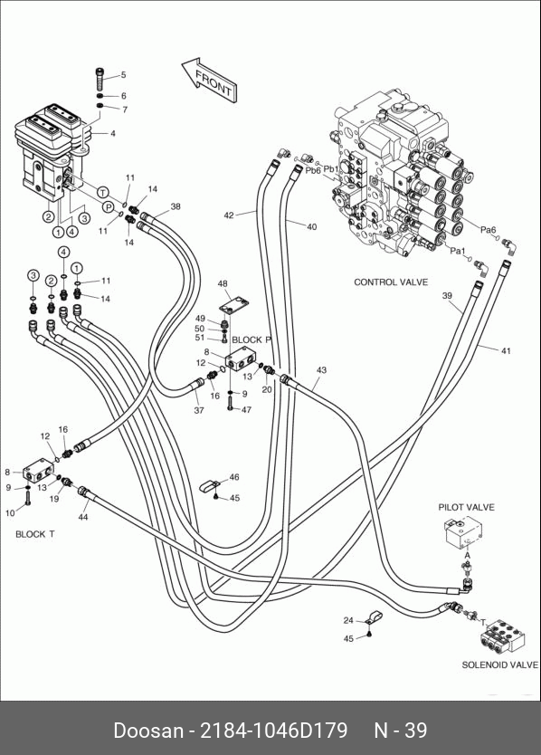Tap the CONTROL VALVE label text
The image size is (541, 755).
391,282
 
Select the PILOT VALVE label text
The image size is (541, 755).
466,507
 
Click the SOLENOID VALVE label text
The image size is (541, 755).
500,665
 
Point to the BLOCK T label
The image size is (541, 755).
35,534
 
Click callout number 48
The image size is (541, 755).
223,283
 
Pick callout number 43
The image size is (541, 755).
321,369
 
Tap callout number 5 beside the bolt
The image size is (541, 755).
123,74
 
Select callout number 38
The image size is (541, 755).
176,206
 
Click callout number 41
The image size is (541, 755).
506,351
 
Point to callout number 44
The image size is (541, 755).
83,517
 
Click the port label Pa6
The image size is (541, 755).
488,230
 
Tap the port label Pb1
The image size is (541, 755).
331,169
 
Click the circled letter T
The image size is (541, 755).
102,193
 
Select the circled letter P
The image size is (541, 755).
109,207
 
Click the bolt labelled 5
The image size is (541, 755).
100,79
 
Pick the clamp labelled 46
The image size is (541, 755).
209,485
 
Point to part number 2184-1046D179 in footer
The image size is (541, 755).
273,730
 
